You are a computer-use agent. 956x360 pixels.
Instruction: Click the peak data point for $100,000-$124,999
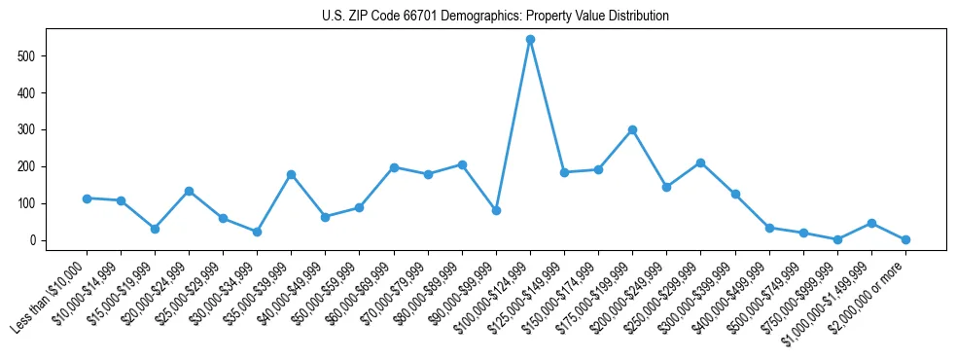pyautogui.click(x=530, y=40)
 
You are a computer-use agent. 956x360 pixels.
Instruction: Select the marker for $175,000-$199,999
pyautogui.click(x=632, y=129)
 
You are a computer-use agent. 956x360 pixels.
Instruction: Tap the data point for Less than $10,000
pyautogui.click(x=87, y=198)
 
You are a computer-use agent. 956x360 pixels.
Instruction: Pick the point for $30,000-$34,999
pyautogui.click(x=257, y=232)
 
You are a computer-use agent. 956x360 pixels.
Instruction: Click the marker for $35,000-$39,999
pyautogui.click(x=291, y=174)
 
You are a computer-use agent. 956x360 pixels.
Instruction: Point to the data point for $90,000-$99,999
pyautogui.click(x=496, y=210)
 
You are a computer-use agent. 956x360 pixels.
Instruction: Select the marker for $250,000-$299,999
pyautogui.click(x=700, y=162)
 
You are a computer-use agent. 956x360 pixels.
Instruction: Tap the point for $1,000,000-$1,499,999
pyautogui.click(x=871, y=223)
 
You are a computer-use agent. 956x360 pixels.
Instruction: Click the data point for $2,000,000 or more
pyautogui.click(x=905, y=239)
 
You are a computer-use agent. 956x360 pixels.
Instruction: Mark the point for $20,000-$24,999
pyautogui.click(x=189, y=191)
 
